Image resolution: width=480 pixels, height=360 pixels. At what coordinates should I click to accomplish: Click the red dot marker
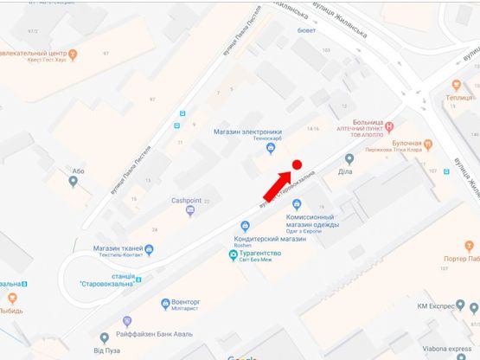(x=296, y=164)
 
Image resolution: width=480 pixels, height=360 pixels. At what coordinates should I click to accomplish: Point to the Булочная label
(x=406, y=142)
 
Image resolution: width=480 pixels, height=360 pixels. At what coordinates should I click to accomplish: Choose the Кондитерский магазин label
(x=270, y=239)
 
